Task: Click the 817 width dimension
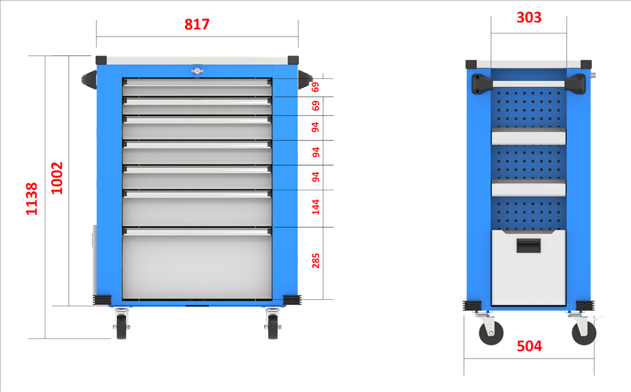coord(197,24)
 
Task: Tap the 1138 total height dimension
coord(32,199)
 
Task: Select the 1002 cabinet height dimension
coord(57,178)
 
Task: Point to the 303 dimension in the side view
coord(529,17)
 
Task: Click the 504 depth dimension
coord(529,346)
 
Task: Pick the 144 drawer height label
coord(315,207)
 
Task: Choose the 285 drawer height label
coord(315,260)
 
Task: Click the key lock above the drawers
coord(197,71)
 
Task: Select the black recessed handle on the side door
coord(528,246)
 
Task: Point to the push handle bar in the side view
coord(528,84)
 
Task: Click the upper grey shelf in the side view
coord(528,136)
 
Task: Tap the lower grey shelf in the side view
coord(528,188)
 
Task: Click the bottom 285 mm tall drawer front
coord(197,263)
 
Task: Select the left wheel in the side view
coord(491,333)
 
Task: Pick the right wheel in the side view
coord(584,333)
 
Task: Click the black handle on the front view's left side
coord(90,79)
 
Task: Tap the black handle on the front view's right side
coord(305,79)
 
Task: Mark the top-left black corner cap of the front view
coord(101,61)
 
